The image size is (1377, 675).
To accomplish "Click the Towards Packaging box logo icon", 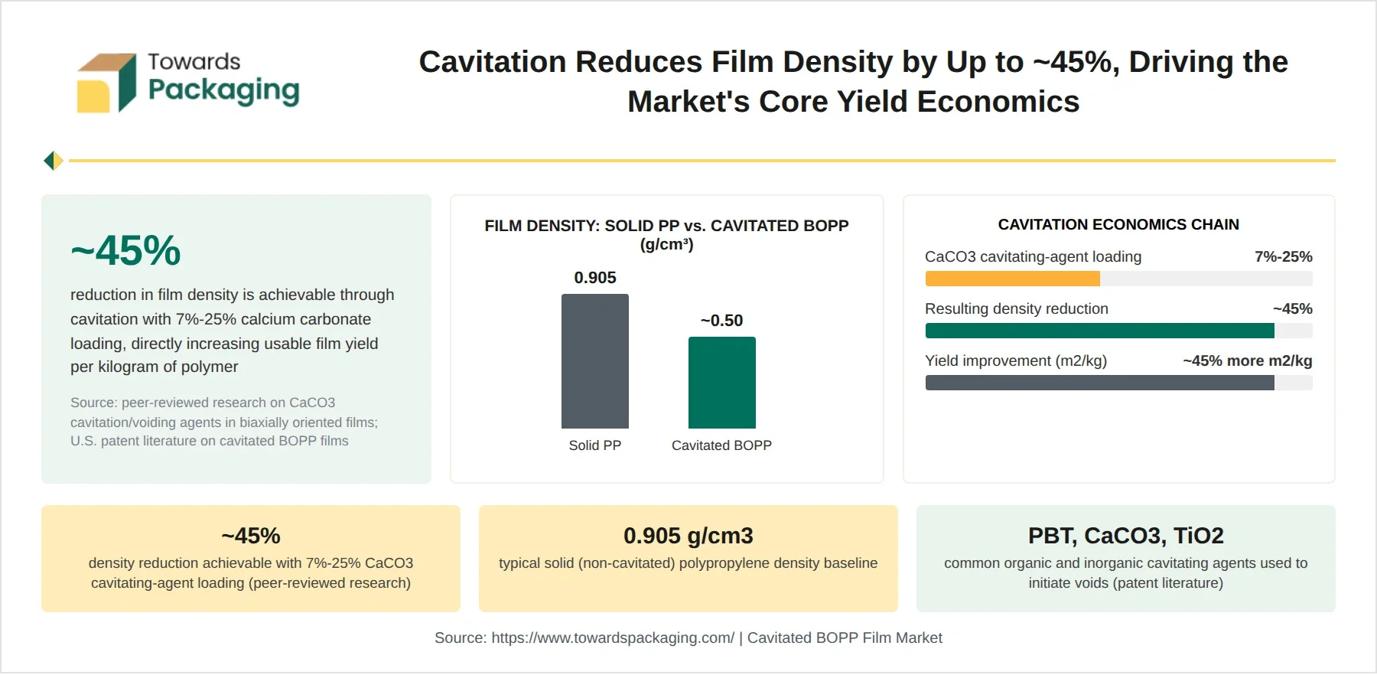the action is pyautogui.click(x=106, y=83).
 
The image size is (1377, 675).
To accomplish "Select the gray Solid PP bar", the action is pyautogui.click(x=595, y=361).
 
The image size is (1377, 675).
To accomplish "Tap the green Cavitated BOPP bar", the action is pyautogui.click(x=722, y=383).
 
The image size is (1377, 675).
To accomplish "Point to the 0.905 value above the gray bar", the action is pyautogui.click(x=595, y=278).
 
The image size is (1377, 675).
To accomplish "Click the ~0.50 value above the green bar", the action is pyautogui.click(x=721, y=321).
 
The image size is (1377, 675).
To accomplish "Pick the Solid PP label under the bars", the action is pyautogui.click(x=595, y=445).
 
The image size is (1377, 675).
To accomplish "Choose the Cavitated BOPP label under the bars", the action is pyautogui.click(x=721, y=445).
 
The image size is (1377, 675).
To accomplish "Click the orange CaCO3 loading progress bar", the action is pyautogui.click(x=1013, y=279).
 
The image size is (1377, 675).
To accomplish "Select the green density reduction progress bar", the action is pyautogui.click(x=1100, y=331).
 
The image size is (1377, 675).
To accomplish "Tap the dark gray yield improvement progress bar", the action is pyautogui.click(x=1100, y=383).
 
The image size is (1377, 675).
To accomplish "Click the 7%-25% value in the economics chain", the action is pyautogui.click(x=1284, y=256).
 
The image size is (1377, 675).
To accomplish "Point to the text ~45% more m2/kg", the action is pyautogui.click(x=1248, y=360).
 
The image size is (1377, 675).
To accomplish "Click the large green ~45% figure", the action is pyautogui.click(x=125, y=250).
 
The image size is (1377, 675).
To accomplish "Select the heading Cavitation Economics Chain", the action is pyautogui.click(x=1118, y=224).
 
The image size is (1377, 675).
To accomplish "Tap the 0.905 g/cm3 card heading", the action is pyautogui.click(x=688, y=536).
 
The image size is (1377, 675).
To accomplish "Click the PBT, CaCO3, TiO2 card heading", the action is pyautogui.click(x=1126, y=536).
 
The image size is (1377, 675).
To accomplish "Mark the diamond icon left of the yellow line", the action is pyautogui.click(x=54, y=161).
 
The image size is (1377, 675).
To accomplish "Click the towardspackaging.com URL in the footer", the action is pyautogui.click(x=613, y=637).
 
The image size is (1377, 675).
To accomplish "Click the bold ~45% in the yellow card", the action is pyautogui.click(x=251, y=536).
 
